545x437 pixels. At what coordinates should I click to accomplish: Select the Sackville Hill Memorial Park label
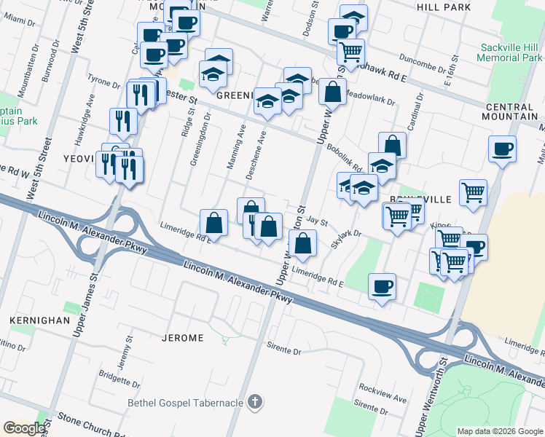[509, 53]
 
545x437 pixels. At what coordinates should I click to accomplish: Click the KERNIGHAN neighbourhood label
[39, 320]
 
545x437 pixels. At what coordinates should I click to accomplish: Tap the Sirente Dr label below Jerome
[283, 350]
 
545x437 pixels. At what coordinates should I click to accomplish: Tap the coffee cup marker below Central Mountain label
[502, 149]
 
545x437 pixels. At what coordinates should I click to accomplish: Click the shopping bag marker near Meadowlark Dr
[332, 92]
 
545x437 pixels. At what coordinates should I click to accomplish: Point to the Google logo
[24, 428]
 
